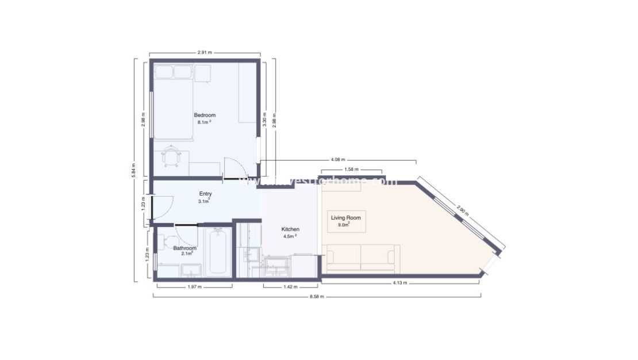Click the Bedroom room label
[x=205, y=115]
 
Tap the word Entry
[x=205, y=194]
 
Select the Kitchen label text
[x=291, y=229]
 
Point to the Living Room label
[x=345, y=217]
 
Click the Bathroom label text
[x=185, y=248]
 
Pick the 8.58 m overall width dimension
[x=317, y=297]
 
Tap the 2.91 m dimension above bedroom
[x=205, y=52]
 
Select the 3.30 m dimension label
[x=264, y=119]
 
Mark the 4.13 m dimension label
[x=401, y=283]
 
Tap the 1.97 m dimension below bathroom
[x=194, y=286]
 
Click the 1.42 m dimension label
[x=291, y=286]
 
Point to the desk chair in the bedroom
[x=171, y=156]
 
